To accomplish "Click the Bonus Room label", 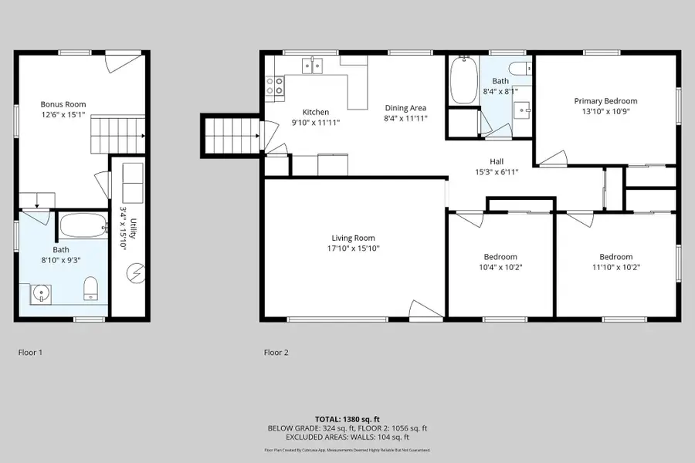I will tap(63, 104).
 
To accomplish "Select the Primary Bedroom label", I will tap(605, 101).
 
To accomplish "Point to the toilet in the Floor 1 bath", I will tap(91, 288).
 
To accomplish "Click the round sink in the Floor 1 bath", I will tap(40, 294).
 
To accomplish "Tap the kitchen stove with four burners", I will tap(274, 85).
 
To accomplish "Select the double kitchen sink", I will tap(313, 67).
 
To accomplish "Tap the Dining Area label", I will tap(405, 108).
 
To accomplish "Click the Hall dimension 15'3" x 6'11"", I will tap(496, 172).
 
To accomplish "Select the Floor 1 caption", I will tap(30, 353).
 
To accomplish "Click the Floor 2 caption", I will tap(276, 353).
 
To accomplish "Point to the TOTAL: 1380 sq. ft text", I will tap(347, 419).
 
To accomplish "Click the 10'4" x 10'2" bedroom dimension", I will tap(500, 267).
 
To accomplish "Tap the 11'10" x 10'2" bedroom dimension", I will tap(615, 267).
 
